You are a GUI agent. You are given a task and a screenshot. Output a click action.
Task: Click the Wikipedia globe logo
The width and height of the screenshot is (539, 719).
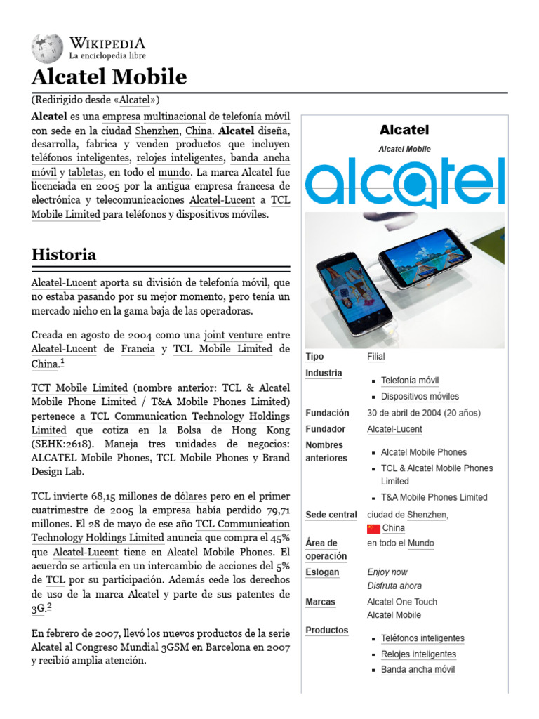coord(47,48)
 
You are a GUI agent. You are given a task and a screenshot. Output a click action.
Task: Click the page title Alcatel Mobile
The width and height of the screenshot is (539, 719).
coord(109,77)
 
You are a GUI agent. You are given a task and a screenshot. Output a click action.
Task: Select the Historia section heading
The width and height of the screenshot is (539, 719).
coord(64,254)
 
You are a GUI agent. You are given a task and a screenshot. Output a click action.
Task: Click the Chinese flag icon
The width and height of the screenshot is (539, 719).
coord(373,529)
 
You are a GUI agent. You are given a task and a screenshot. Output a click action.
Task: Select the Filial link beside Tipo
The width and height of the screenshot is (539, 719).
coord(376,357)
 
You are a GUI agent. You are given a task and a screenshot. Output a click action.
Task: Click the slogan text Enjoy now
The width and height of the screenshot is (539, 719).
coord(387,572)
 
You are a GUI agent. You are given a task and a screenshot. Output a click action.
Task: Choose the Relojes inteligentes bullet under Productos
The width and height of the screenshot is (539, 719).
coord(418,654)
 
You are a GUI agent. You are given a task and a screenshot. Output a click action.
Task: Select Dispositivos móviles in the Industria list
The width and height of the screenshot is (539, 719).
coord(420,397)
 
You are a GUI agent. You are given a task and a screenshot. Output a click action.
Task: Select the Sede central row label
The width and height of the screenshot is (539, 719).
coord(331,515)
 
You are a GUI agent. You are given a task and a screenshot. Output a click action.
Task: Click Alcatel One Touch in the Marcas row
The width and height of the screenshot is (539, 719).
coord(402,602)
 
